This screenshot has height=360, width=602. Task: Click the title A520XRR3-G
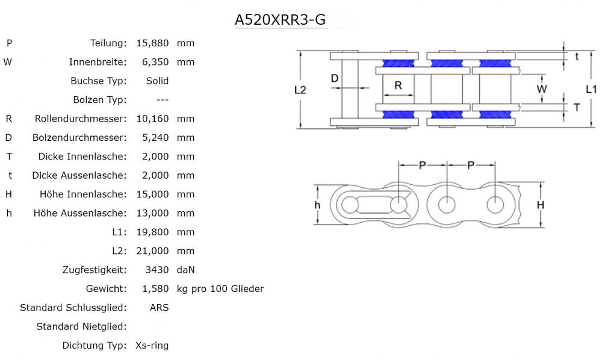(281, 20)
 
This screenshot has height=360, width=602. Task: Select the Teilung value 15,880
(153, 43)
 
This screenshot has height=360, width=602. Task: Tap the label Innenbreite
(98, 62)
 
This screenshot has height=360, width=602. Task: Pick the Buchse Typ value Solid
(157, 81)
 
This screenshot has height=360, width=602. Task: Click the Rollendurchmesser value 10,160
(153, 119)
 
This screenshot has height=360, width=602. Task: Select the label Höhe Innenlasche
(80, 194)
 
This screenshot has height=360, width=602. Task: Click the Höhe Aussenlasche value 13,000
(153, 213)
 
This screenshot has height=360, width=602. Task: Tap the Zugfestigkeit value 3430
(157, 270)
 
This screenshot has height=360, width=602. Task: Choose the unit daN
(186, 270)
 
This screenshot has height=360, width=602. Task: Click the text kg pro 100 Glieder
(220, 289)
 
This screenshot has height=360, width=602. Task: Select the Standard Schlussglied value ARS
(159, 308)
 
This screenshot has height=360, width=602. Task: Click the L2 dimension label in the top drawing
(300, 90)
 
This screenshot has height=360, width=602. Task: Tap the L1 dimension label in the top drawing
(591, 89)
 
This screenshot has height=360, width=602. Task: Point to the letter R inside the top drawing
(398, 85)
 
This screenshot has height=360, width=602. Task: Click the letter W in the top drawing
(542, 89)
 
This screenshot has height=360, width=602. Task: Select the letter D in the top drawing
(335, 78)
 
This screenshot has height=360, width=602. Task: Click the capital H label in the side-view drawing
(541, 205)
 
